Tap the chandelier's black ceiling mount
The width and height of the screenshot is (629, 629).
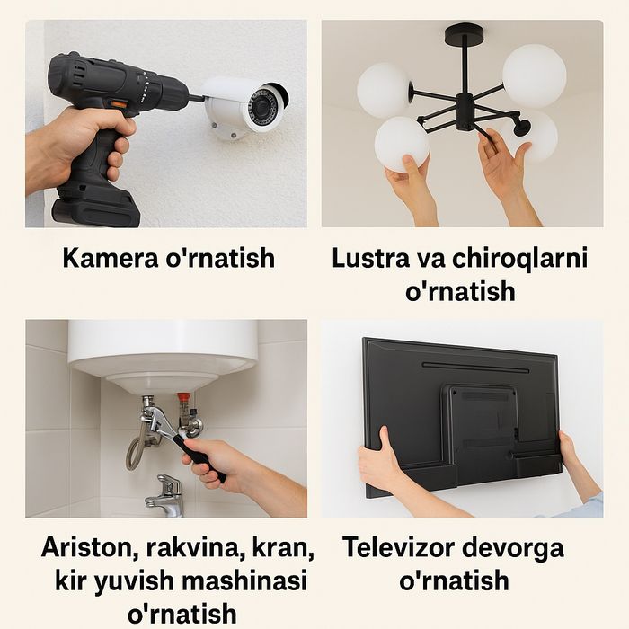coord(465,35)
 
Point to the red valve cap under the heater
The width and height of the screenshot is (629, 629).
coord(184,396)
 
